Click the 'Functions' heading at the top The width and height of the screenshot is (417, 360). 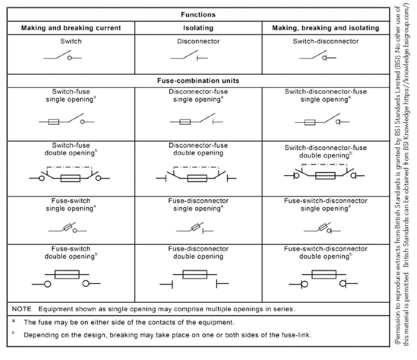click(x=198, y=15)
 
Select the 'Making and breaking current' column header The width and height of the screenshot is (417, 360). click(x=71, y=28)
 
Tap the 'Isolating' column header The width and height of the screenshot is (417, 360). click(x=198, y=28)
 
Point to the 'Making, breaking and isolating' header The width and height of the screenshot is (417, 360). click(x=325, y=28)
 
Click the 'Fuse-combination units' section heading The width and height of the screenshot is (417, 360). click(x=198, y=81)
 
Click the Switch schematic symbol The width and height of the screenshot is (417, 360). click(x=63, y=56)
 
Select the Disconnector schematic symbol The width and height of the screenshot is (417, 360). click(x=189, y=56)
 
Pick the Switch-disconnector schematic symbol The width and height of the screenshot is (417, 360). click(x=318, y=56)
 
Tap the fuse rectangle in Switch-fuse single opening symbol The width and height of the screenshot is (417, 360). click(x=53, y=122)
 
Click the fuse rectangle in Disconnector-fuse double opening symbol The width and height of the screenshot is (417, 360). click(x=197, y=178)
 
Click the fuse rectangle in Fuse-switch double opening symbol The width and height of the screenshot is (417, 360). click(x=67, y=274)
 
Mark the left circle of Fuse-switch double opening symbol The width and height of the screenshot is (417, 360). click(x=47, y=284)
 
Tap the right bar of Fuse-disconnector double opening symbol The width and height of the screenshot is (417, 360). click(x=217, y=284)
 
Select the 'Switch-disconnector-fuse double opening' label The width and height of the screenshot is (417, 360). click(x=325, y=152)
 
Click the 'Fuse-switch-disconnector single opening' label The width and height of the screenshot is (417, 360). click(x=325, y=205)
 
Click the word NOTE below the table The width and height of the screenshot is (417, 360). click(x=21, y=309)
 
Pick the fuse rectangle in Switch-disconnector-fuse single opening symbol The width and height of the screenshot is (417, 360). click(x=310, y=122)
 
